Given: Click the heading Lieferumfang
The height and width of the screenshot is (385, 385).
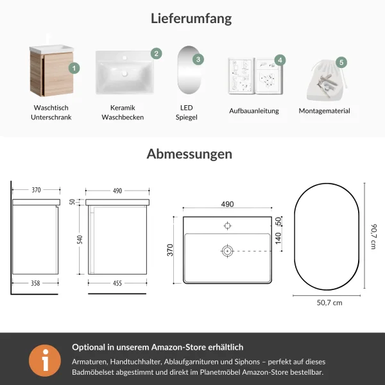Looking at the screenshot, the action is (x=191, y=19).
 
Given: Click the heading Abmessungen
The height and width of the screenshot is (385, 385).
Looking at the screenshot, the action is (x=189, y=154).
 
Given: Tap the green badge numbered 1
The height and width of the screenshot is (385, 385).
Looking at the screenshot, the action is (x=74, y=68).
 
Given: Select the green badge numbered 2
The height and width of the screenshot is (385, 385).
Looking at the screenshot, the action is (x=156, y=53).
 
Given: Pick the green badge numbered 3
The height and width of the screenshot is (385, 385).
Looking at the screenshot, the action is (x=198, y=59).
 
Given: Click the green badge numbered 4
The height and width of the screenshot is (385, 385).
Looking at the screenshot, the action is (x=280, y=60).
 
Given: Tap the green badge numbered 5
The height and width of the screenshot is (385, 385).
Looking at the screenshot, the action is (x=341, y=62).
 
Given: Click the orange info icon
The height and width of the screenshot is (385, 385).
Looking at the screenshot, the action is (x=45, y=360).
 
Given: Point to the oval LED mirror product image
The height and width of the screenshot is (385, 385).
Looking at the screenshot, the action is (x=189, y=70).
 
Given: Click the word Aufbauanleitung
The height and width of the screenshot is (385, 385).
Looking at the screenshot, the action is (x=254, y=111).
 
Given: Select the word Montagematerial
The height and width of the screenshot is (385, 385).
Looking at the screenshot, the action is (x=324, y=111).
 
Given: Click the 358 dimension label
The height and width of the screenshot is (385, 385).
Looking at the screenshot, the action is (x=35, y=284).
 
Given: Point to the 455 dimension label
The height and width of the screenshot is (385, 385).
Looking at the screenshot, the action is (x=117, y=284).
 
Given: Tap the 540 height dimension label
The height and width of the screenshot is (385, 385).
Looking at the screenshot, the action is (x=80, y=239).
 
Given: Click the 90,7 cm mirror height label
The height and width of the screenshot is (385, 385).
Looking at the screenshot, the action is (x=373, y=236).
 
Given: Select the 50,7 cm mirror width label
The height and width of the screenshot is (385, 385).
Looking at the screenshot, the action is (x=329, y=303).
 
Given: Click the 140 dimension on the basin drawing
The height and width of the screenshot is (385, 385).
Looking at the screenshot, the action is (x=278, y=239).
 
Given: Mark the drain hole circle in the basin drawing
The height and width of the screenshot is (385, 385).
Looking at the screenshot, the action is (x=227, y=251).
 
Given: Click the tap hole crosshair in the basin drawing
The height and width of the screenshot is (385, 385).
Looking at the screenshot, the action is (x=228, y=226).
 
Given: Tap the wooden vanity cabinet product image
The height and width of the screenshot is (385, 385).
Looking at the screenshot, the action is (x=51, y=71).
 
